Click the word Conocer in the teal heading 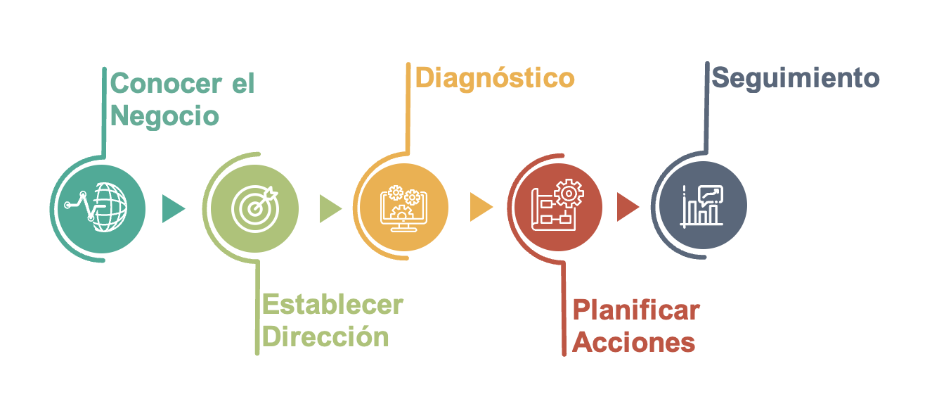(x=166, y=83)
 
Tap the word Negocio (x=164, y=117)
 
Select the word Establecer (x=333, y=305)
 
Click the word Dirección (x=325, y=336)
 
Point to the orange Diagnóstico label (x=495, y=78)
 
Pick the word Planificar (x=636, y=310)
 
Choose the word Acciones (x=634, y=342)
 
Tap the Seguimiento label (x=796, y=78)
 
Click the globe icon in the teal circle (x=96, y=207)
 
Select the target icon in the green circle (x=254, y=208)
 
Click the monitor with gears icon (x=403, y=208)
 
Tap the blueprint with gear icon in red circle (x=557, y=205)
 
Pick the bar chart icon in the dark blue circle (x=702, y=206)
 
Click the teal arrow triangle (x=171, y=208)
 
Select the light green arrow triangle (x=329, y=208)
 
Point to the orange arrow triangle (x=480, y=207)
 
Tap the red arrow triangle (x=626, y=207)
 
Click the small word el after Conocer (x=243, y=83)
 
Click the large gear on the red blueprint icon (x=569, y=194)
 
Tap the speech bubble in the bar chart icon (x=711, y=194)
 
